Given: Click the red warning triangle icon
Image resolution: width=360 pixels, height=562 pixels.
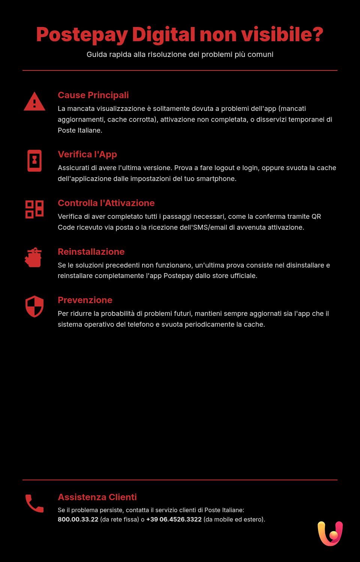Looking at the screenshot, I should [34, 102].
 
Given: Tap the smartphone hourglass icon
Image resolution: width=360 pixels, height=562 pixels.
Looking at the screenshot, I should [34, 161].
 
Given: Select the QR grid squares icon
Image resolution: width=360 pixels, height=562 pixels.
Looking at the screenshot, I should [34, 209].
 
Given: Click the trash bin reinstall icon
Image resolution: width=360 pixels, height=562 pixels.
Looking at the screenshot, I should [34, 257].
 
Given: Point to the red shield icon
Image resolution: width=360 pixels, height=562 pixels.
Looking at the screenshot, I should [34, 306].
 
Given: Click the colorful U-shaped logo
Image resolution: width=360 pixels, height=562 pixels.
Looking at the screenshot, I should [330, 534].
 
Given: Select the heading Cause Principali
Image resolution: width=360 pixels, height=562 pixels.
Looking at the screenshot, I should [93, 95].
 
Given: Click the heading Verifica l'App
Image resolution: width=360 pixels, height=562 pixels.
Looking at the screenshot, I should [87, 154].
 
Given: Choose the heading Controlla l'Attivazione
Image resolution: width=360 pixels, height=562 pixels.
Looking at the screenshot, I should [106, 203].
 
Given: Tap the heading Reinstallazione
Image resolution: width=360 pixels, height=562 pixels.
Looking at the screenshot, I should [91, 252].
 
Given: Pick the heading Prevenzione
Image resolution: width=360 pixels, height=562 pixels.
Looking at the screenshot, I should [85, 300].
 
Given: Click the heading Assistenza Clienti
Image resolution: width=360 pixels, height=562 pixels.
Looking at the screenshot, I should [97, 497].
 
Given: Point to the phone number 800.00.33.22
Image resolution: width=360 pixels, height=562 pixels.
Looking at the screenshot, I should [78, 520].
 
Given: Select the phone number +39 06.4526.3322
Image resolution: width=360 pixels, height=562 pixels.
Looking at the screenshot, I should [174, 520].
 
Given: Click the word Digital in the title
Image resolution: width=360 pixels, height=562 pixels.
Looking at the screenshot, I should [163, 34].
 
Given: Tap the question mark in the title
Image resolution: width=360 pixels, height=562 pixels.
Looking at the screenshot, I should [318, 34].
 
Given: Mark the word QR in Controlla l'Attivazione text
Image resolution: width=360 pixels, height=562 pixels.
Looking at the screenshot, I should [316, 217].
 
